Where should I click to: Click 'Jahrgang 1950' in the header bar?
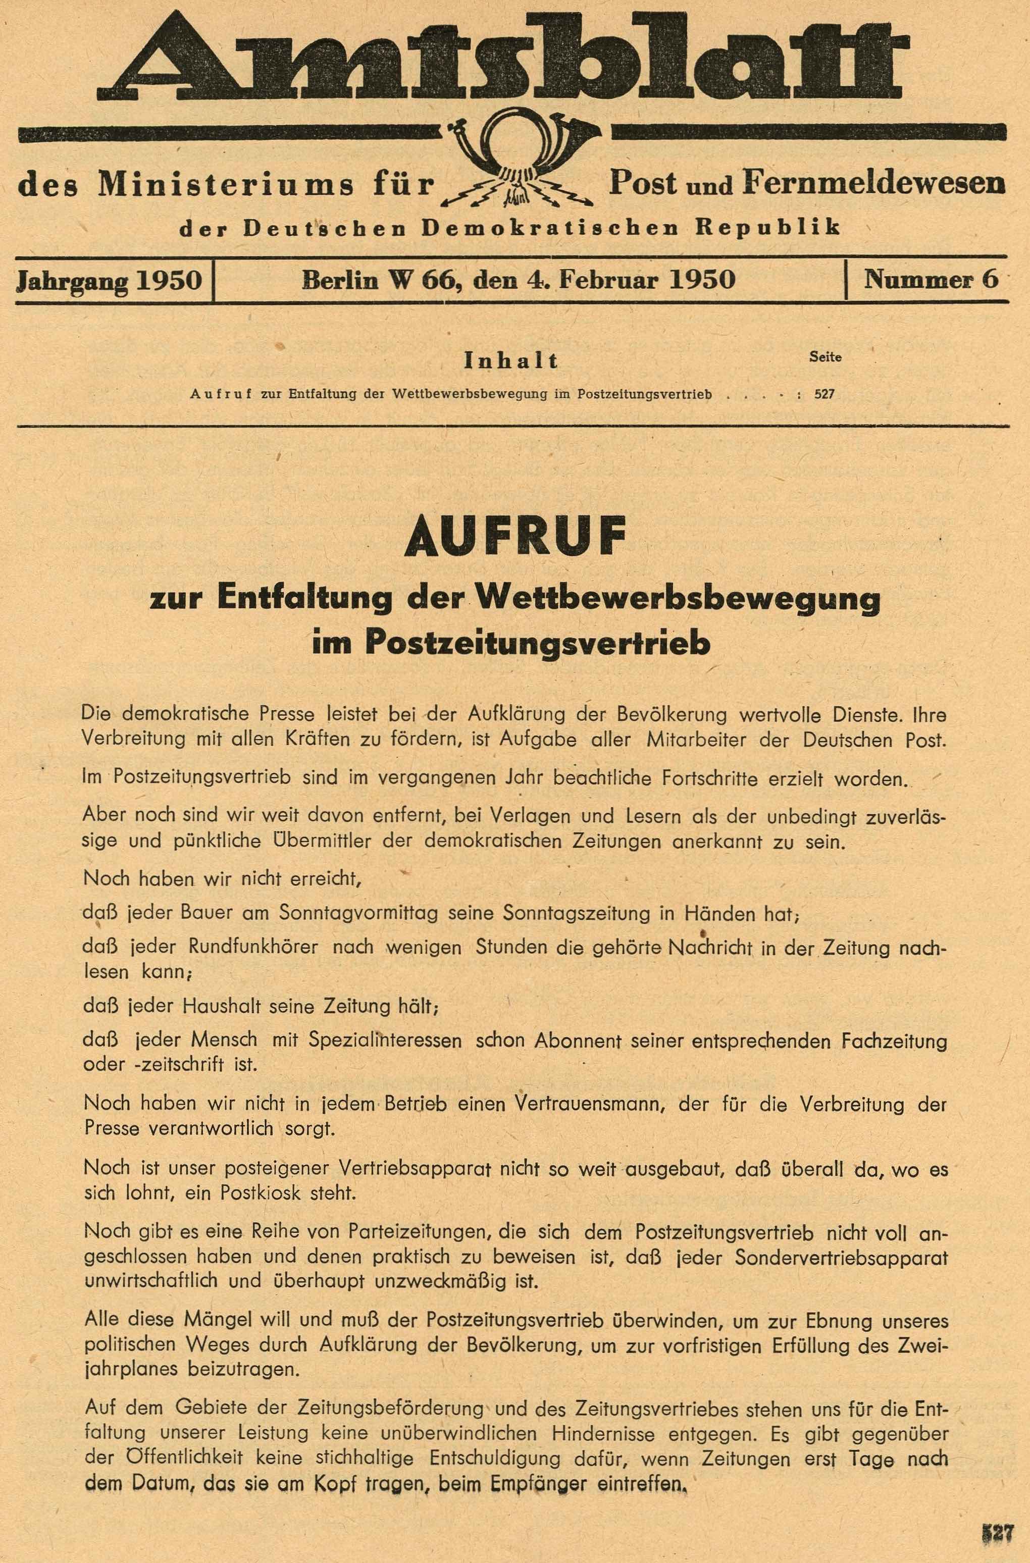point(109,280)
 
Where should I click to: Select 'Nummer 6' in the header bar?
point(931,280)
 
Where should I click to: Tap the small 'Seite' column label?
point(826,357)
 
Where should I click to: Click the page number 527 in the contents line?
point(825,395)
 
